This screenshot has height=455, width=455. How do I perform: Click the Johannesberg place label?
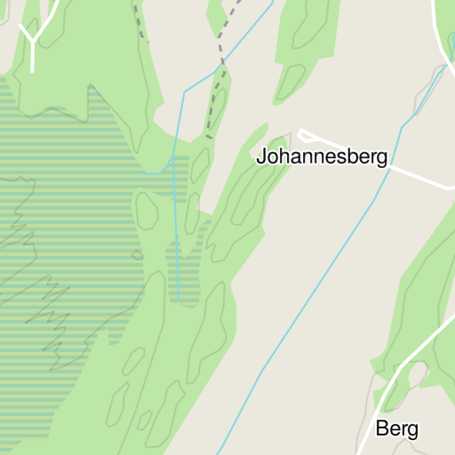[322, 157]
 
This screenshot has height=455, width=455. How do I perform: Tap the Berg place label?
[397, 428]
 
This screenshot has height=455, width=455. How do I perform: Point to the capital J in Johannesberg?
[261, 157]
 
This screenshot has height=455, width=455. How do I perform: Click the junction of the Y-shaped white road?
[33, 40]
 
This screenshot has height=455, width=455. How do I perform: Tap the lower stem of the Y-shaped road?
[33, 57]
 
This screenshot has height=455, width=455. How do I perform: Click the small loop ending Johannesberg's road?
[306, 135]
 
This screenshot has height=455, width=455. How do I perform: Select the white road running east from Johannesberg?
[418, 173]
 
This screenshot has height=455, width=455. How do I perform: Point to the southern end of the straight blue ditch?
[178, 297]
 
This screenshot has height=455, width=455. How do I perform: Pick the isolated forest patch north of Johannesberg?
[307, 44]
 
